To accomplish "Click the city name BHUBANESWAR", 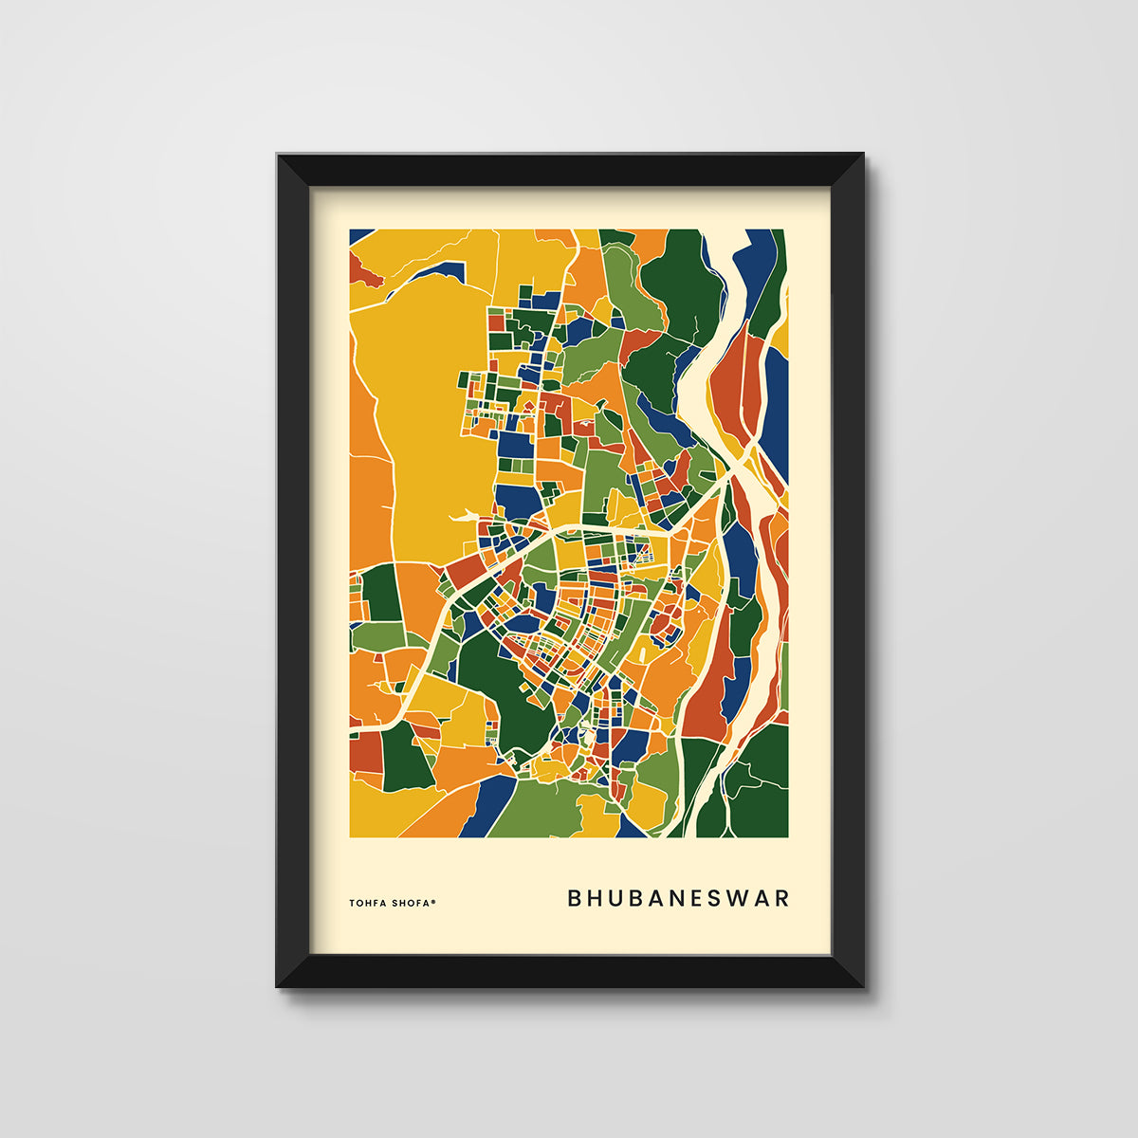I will (678, 898).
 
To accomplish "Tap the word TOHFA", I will (368, 903).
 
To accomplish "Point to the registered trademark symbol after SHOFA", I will (433, 901).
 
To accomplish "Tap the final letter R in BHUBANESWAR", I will (781, 898).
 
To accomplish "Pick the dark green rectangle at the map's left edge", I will (382, 594).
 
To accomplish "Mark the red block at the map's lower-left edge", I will (364, 752).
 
